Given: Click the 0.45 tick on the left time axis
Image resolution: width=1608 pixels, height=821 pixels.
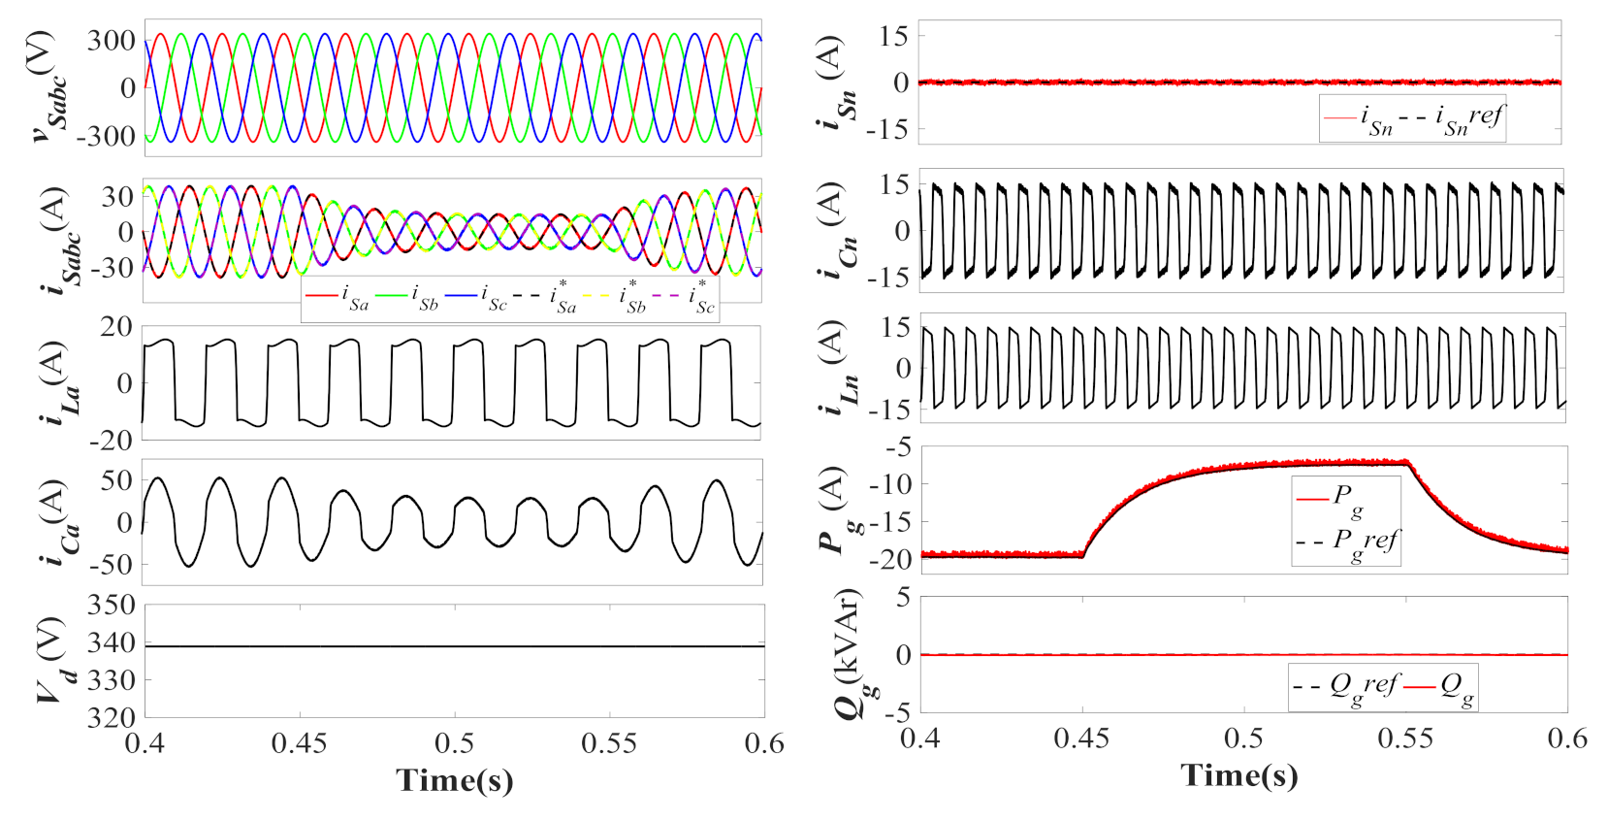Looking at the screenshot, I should (x=299, y=744).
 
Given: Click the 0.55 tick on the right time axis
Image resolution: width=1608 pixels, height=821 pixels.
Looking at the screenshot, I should (x=1405, y=739).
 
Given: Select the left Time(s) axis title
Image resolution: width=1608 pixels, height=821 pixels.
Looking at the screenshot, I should (x=455, y=780).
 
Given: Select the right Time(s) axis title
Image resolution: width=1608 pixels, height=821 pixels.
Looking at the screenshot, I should (x=1238, y=774).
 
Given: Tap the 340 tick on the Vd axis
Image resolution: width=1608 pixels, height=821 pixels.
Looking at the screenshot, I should (x=112, y=643).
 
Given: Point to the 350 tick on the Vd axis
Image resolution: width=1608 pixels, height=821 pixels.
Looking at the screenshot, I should (x=112, y=606).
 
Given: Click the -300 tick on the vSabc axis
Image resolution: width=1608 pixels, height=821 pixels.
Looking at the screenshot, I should (x=107, y=136).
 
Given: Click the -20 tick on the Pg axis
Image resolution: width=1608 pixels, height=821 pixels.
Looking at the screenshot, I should (x=895, y=559).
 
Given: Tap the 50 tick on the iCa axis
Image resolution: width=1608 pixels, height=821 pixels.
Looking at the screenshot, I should (x=117, y=480).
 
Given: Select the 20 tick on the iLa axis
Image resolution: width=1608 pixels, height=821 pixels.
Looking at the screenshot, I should (x=116, y=327).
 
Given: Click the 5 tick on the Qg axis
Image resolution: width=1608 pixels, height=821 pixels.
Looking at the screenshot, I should (x=903, y=598).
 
